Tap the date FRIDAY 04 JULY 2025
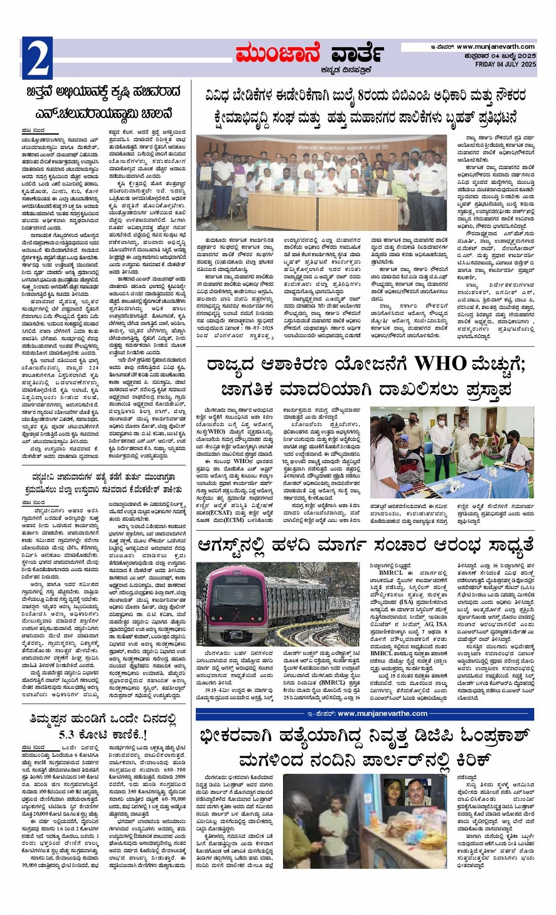click(x=505, y=64)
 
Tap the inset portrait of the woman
click(x=393, y=792)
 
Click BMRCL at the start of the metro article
click(x=391, y=573)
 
